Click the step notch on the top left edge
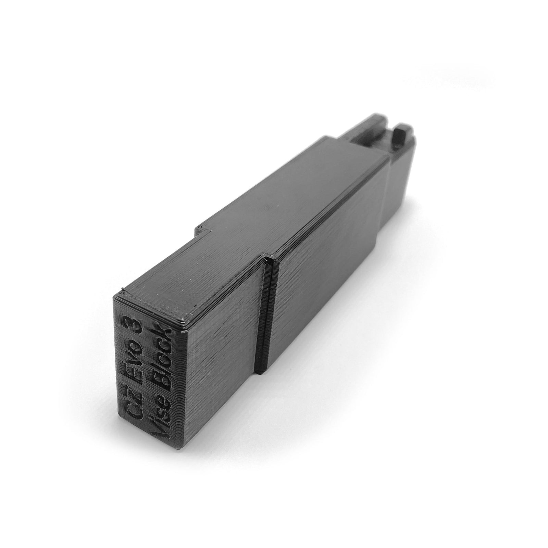click(x=202, y=229)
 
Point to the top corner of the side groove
click(x=271, y=255)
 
